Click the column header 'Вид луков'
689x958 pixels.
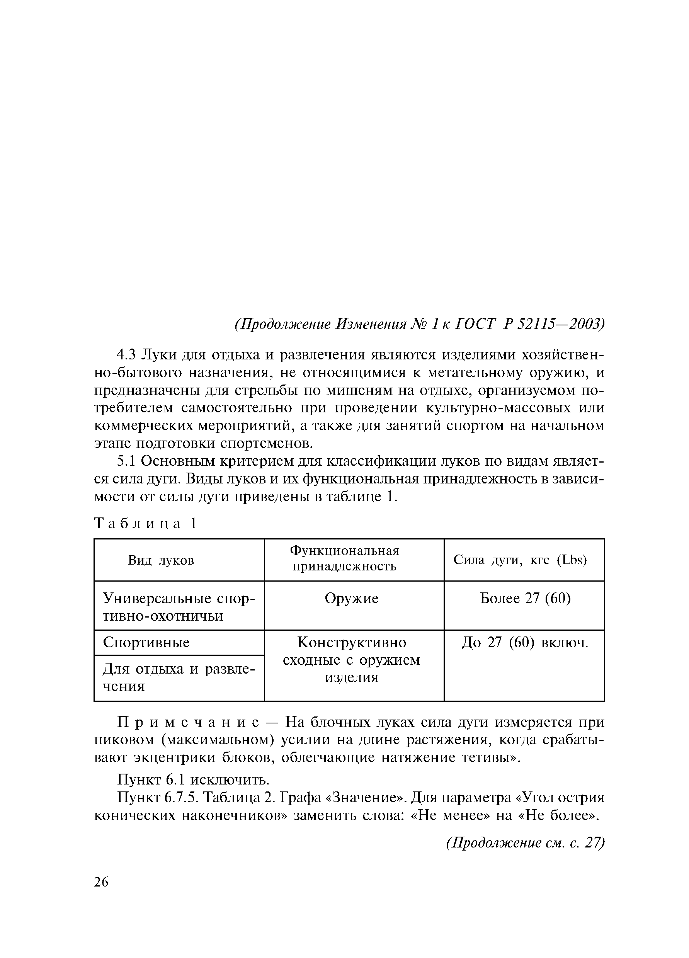(161, 560)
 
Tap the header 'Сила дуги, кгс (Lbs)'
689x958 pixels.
(520, 560)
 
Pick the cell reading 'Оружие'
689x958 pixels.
(352, 599)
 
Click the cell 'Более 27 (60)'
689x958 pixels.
(525, 599)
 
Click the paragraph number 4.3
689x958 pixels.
(126, 355)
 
